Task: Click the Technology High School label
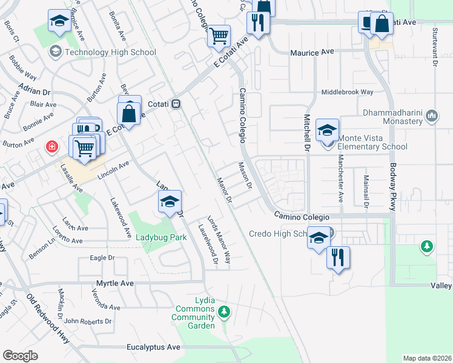[110, 52]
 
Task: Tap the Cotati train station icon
[176, 103]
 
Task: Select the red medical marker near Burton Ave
[53, 146]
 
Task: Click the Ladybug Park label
[160, 238]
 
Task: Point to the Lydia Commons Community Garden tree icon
[224, 312]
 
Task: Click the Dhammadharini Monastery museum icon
[432, 116]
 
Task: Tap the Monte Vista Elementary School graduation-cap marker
[327, 129]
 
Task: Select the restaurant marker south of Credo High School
[338, 257]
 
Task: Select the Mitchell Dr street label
[307, 132]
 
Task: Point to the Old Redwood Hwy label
[48, 319]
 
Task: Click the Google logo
[20, 356]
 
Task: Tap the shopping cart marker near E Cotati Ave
[218, 35]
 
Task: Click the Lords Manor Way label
[219, 240]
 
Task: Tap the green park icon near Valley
[427, 246]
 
